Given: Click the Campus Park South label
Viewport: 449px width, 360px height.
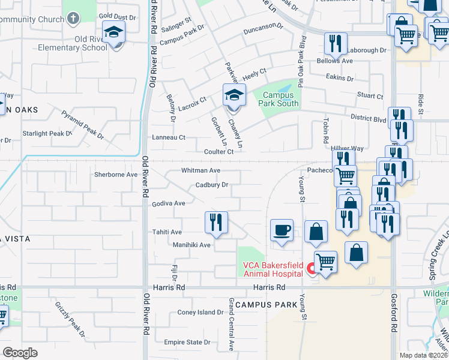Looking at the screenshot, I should tap(278, 99).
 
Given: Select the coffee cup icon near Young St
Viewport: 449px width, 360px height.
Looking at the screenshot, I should tap(282, 230).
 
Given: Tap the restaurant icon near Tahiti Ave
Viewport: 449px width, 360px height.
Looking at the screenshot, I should tap(216, 222).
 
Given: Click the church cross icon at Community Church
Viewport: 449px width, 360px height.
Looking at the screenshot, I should tap(73, 19).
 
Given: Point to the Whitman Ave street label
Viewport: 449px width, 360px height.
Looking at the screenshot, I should tap(201, 170).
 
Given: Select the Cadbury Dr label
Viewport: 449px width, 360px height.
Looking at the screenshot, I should tap(212, 185).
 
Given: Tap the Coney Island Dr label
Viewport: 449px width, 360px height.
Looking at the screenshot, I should tap(200, 313).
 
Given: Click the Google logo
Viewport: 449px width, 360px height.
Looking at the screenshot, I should tap(20, 353).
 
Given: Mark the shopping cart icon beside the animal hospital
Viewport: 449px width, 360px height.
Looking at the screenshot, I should tap(325, 262).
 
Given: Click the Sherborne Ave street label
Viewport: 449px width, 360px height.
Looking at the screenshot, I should tap(116, 175).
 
